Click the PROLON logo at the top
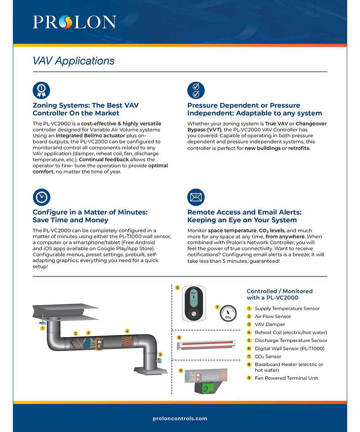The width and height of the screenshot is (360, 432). pos(75,22)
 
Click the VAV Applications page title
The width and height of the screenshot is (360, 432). pos(73,61)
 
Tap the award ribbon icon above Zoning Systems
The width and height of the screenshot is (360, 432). pos(41,91)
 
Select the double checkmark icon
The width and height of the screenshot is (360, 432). pos(196,91)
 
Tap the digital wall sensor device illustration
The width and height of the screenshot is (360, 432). pos(193,303)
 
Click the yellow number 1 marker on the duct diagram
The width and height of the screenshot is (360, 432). pos(42,328)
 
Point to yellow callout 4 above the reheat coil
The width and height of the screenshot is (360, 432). pos(127,331)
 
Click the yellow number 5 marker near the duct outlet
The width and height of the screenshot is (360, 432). pos(160,354)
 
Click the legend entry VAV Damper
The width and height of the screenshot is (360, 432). pos(270,324)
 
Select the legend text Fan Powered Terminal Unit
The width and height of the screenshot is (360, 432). pos(286,378)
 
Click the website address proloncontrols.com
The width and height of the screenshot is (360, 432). pos(180,418)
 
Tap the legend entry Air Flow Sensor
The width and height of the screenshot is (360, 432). pos(273,317)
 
